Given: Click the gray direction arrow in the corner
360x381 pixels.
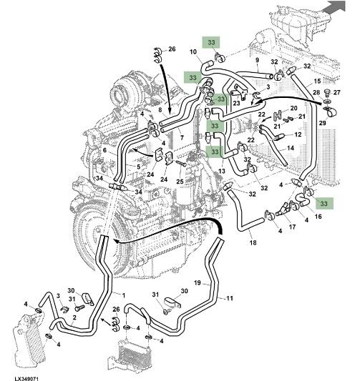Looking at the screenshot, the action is pos(335,6).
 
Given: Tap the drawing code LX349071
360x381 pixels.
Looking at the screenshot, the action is pos(26,379).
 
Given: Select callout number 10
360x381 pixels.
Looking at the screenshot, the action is pos(193,51).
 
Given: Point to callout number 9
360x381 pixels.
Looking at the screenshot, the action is pos(258,60).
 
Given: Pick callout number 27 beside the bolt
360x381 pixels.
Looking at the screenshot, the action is pos(337,92).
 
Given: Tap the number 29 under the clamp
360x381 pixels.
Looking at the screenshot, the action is pos(322,123).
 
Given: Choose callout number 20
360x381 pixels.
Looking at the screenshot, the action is pos(294,108).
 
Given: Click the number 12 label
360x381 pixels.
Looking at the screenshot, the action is pos(298,134).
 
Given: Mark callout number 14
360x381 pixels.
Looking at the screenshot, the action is pos(291,148).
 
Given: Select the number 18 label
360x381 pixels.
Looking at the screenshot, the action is pos(253,242).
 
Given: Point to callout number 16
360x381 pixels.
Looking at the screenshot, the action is pos(318,217).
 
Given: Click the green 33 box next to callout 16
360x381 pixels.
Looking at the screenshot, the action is pos(324,204).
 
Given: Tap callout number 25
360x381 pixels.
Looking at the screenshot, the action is pos(180,182).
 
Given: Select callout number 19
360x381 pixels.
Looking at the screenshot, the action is pos(198,282).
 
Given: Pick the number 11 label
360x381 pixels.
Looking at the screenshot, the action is pos(230,298).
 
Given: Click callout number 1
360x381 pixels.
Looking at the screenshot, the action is pos(124,295).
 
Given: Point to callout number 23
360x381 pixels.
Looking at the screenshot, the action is pos(236,103).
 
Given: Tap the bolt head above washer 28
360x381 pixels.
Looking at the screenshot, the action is pos(328,92).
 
